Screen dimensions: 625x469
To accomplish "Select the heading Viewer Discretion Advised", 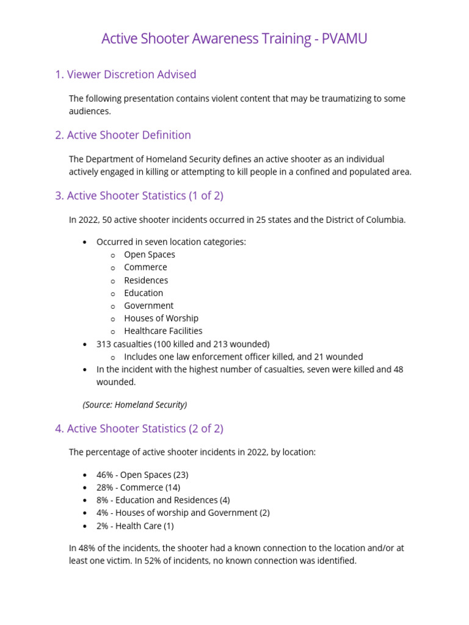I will point(125,74).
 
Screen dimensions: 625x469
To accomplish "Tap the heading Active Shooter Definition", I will point(123,135).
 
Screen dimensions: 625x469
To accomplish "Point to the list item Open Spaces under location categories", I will point(149,255).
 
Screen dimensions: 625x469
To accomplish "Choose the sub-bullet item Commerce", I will point(145,267).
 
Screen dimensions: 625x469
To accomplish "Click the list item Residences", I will point(146,280).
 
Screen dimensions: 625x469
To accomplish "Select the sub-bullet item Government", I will point(148,305).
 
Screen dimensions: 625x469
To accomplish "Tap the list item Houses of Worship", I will point(161,318).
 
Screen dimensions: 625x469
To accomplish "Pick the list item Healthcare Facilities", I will point(163,331).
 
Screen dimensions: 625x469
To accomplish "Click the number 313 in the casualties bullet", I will point(104,344).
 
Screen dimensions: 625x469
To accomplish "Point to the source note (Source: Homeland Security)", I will point(135,405).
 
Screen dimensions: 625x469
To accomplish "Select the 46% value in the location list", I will point(104,475).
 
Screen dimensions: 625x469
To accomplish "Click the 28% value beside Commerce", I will point(104,488).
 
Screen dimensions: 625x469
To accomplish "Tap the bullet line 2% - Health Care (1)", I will point(135,526).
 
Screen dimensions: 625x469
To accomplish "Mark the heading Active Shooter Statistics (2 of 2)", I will point(139,428).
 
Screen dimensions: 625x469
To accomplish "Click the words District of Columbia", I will point(365,220).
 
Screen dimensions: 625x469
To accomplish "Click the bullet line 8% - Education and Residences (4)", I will point(163,500).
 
